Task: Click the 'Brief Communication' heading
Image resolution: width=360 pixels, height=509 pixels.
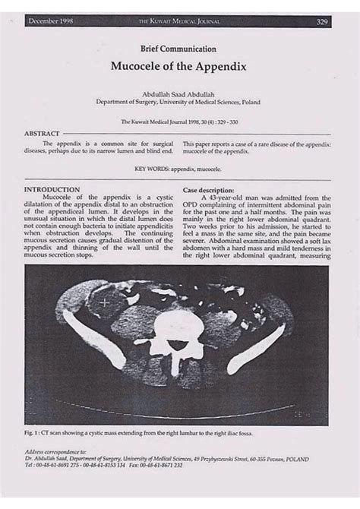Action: (180, 48)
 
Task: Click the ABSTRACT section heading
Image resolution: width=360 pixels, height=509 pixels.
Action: (43, 132)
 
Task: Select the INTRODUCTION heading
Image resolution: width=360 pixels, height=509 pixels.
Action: (52, 188)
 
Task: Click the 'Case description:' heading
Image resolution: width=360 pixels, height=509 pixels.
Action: (212, 189)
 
